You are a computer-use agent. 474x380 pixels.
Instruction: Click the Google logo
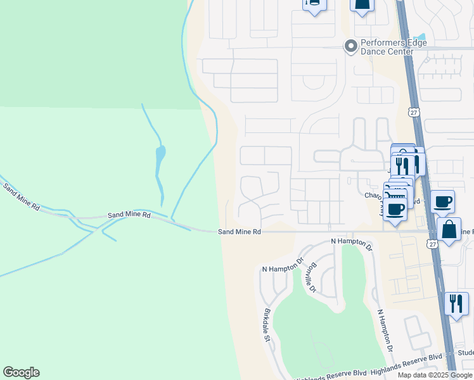(21, 372)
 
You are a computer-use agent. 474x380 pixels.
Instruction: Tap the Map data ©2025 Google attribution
(435, 375)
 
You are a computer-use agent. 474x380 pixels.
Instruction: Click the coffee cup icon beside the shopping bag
(442, 202)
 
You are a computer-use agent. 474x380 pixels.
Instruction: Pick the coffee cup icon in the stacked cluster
(396, 209)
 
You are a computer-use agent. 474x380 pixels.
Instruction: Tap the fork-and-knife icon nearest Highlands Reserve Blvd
(456, 303)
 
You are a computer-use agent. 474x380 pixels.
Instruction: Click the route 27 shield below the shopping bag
(432, 244)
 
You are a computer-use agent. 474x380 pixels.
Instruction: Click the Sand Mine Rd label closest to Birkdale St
(240, 232)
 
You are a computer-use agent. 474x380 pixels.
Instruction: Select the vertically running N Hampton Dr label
(385, 331)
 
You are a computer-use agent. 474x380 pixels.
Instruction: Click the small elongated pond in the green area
(160, 153)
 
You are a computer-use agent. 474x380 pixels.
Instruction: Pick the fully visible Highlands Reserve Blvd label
(406, 358)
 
